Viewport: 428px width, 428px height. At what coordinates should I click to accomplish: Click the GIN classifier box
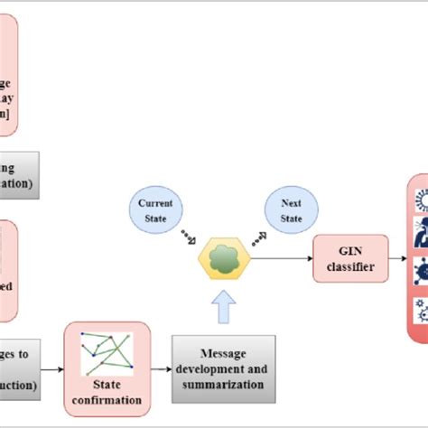(x=350, y=260)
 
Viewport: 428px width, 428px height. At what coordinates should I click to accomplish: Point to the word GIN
(x=350, y=252)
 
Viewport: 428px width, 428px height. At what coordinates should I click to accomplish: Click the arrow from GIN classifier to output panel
(x=397, y=260)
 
